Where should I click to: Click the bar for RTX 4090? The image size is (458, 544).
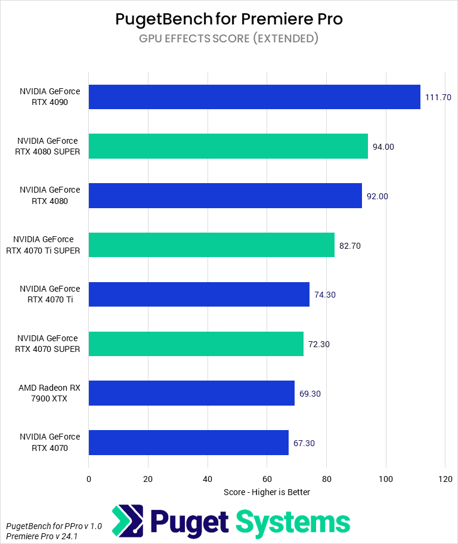254,97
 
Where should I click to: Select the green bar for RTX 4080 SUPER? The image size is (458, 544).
228,146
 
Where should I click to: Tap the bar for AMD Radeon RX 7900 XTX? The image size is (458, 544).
191,393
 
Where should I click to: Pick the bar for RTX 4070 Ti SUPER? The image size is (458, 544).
211,245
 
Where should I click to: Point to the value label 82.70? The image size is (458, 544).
351,245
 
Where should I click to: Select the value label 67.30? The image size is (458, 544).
304,443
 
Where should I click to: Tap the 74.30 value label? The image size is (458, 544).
326,295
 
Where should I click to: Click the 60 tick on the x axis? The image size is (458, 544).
267,478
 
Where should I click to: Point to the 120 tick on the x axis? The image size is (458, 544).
445,478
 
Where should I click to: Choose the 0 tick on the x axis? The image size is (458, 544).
89,478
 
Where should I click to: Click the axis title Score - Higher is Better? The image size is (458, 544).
267,492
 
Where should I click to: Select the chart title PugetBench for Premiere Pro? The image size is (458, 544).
229,19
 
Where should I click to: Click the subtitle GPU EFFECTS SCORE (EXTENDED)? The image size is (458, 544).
229,39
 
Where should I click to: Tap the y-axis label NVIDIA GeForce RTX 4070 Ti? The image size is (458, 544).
49,295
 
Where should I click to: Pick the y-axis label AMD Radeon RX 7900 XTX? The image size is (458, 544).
49,393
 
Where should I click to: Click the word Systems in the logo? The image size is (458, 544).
293,522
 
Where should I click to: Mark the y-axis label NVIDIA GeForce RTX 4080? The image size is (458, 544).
49,196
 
